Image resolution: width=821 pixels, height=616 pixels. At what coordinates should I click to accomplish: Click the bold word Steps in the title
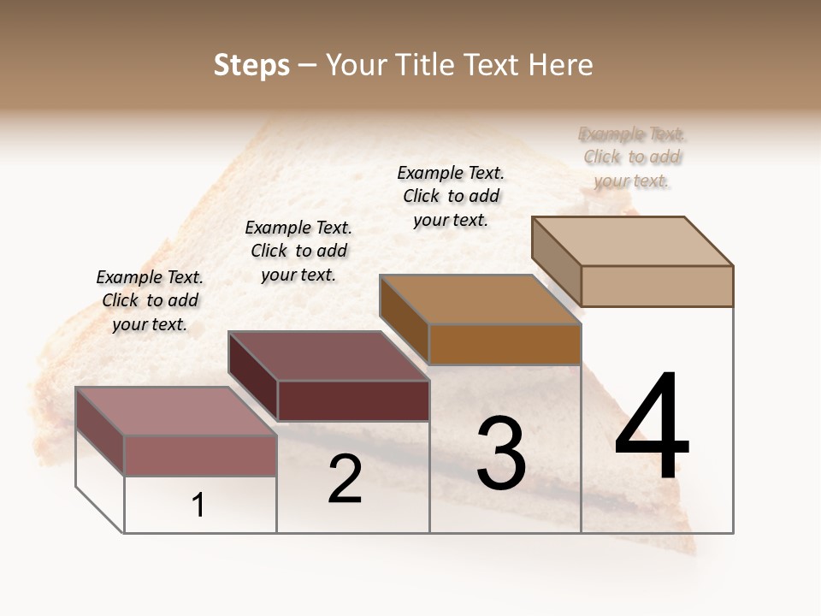[251, 65]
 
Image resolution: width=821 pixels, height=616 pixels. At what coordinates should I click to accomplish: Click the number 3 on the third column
[500, 453]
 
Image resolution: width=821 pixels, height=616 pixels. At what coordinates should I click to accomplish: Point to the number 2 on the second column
[345, 479]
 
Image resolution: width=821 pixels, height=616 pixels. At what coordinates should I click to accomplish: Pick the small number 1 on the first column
[198, 506]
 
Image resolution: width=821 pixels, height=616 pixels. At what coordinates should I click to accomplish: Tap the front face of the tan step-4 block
[657, 286]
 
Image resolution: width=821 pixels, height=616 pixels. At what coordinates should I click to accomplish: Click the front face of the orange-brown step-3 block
[505, 345]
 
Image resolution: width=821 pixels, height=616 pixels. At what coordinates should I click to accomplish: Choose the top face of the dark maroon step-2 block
[328, 356]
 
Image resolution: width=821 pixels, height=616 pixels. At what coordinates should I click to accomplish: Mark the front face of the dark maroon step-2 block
[353, 400]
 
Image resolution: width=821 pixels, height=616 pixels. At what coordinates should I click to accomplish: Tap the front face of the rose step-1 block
[200, 455]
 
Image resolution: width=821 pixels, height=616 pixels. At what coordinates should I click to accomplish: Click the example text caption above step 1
[150, 300]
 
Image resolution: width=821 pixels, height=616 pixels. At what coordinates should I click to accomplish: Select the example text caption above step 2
[298, 251]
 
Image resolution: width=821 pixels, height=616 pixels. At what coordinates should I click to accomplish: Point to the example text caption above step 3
[451, 196]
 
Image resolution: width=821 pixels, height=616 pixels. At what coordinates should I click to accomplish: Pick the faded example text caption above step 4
[632, 157]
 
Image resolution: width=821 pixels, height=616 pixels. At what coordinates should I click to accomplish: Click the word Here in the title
[561, 65]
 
